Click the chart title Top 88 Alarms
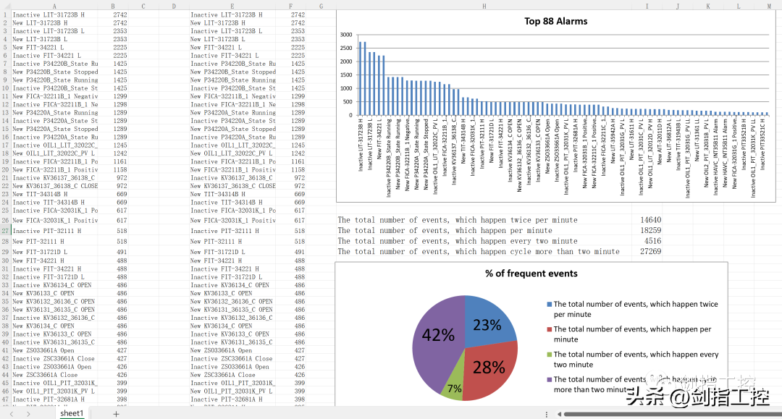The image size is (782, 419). click(x=555, y=21)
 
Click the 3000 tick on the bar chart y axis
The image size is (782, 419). click(x=345, y=35)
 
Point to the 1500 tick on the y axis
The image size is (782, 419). click(x=345, y=75)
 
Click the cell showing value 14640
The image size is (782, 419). click(x=650, y=219)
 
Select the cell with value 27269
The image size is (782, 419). click(x=650, y=252)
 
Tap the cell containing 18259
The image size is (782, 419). click(x=650, y=230)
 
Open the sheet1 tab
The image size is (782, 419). click(x=72, y=413)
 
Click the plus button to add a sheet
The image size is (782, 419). click(x=116, y=414)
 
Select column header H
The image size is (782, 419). click(x=484, y=6)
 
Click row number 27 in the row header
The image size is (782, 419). click(x=5, y=231)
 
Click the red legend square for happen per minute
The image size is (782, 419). click(x=550, y=329)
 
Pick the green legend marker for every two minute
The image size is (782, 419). click(x=550, y=355)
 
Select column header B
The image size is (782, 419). click(x=113, y=6)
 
